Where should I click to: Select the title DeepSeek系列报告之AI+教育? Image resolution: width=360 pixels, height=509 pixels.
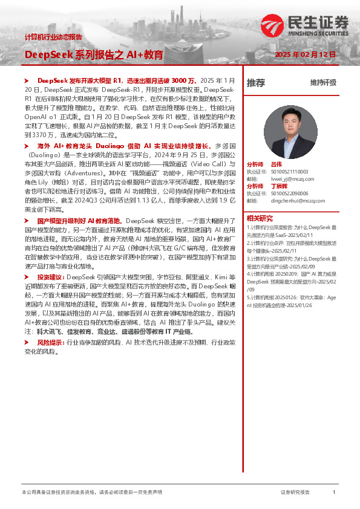(94, 55)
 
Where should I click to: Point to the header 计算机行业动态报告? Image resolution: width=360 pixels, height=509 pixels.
(53, 37)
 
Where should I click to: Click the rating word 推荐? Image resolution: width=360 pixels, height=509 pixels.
(255, 83)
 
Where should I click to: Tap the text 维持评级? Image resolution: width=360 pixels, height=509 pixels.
(322, 83)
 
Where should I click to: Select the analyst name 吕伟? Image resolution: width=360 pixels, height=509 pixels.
(276, 164)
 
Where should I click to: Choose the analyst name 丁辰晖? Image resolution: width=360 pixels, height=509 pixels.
(278, 187)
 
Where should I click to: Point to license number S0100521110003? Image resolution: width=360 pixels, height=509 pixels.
(289, 172)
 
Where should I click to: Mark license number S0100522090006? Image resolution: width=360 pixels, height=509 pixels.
(289, 193)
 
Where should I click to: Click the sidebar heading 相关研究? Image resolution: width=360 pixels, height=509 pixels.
(260, 218)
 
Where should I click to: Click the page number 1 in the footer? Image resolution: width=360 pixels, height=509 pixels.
(334, 493)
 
